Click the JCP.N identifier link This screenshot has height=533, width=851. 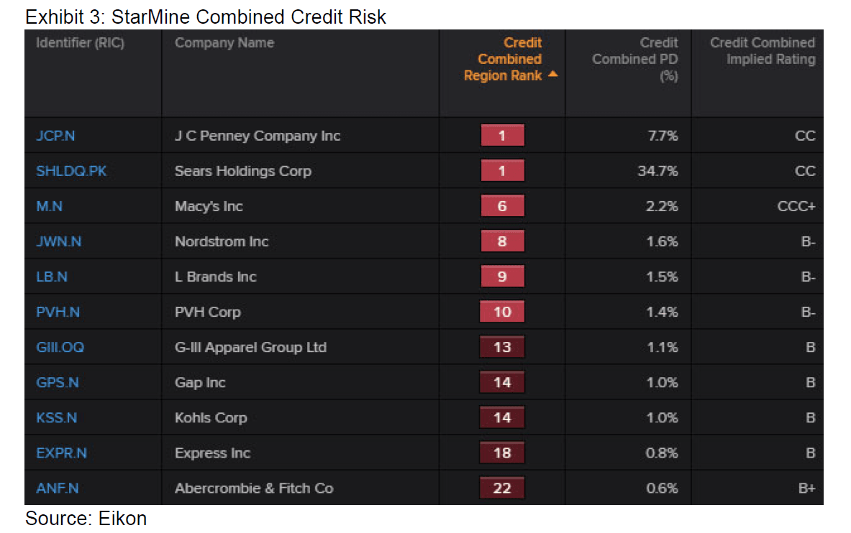coord(55,136)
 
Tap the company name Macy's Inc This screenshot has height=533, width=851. coord(209,206)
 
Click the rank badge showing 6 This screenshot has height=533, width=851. coord(502,206)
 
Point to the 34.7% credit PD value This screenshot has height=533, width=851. coord(657,171)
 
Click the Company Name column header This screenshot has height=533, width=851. coord(224,43)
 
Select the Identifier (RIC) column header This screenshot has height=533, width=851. coord(80,43)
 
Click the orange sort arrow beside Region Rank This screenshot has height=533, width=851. coord(552,74)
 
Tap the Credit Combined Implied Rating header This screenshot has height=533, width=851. coord(763,51)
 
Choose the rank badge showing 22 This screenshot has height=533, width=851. coord(502,488)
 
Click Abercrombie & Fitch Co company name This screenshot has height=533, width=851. coord(254,488)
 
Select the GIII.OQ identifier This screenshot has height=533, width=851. coord(60,347)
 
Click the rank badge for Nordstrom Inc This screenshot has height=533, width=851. coord(502,241)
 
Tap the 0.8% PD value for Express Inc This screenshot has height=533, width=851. coord(662,453)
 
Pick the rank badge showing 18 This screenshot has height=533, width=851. coord(502,453)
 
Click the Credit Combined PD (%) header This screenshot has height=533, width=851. coord(635,59)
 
